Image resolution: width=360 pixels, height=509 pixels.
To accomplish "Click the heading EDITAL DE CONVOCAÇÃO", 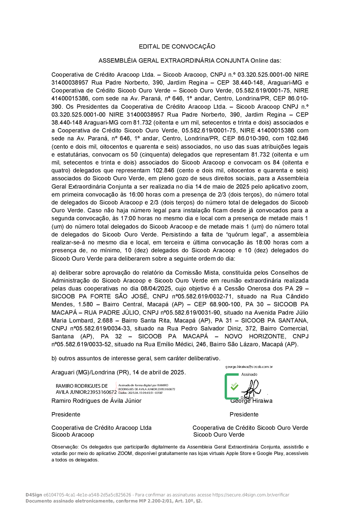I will click(177, 46).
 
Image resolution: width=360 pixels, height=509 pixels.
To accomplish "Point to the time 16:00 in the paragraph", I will click(137, 194).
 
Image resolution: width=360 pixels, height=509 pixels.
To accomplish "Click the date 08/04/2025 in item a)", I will click(156, 288).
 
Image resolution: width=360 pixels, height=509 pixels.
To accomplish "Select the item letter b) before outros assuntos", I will click(54, 358).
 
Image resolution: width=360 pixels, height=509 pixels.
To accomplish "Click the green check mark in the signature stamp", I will click(234, 386).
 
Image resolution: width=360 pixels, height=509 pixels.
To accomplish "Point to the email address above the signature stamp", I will click(249, 367).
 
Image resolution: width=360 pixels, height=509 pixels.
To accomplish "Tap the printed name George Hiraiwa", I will click(252, 401).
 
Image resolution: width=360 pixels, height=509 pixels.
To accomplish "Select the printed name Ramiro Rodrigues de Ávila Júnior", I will click(96, 401).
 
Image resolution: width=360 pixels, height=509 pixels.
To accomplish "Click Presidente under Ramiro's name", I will click(66, 414).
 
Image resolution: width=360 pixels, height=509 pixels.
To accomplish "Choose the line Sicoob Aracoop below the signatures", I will click(73, 434).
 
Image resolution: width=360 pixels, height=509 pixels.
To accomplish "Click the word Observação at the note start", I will click(65, 447).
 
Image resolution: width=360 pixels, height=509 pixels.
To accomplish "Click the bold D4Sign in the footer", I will click(34, 495).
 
